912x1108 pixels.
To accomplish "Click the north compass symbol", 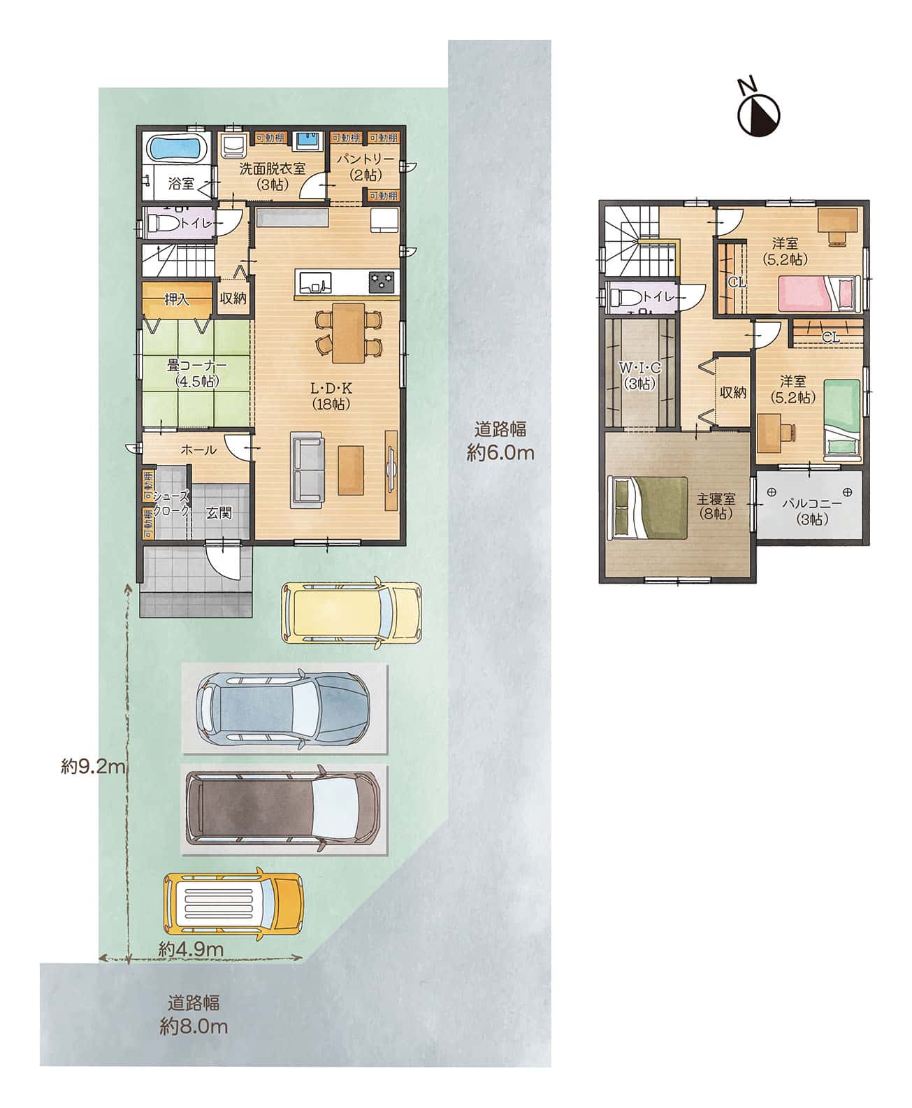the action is pyautogui.click(x=758, y=109).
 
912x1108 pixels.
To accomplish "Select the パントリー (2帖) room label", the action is pyautogui.click(x=365, y=166).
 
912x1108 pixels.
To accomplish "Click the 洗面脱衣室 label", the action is pyautogui.click(x=272, y=168).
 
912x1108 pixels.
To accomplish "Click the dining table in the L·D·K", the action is pyautogui.click(x=348, y=333).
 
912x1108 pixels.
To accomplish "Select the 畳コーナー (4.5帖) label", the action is pyautogui.click(x=196, y=373).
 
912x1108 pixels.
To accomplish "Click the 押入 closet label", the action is pyautogui.click(x=177, y=299).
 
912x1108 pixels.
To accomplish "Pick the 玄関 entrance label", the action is pyautogui.click(x=219, y=512).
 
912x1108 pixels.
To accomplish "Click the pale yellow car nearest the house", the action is pyautogui.click(x=352, y=612).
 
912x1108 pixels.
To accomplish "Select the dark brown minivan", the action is pyautogui.click(x=282, y=810).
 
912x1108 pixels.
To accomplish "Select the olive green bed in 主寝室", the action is pyautogui.click(x=647, y=508).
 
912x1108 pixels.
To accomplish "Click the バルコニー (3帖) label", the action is pyautogui.click(x=812, y=511).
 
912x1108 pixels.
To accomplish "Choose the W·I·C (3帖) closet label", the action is pyautogui.click(x=640, y=375).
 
